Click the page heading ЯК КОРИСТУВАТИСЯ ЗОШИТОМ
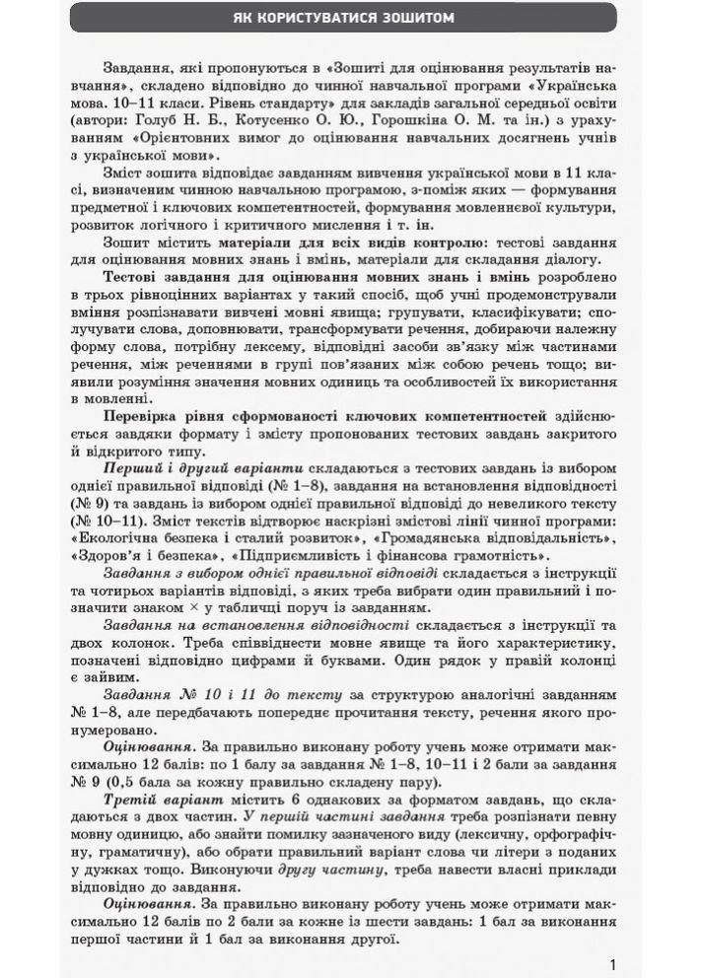click(x=351, y=18)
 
